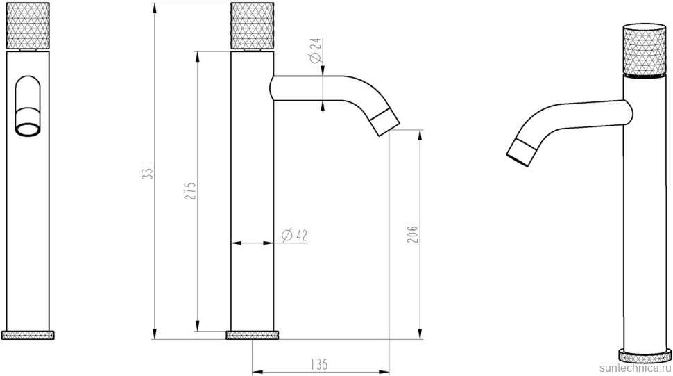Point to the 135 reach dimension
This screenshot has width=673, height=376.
pos(318,363)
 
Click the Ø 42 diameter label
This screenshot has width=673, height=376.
pos(295,236)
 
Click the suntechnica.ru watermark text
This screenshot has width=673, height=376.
pos(634,368)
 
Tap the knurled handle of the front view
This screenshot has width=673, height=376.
pos(28,26)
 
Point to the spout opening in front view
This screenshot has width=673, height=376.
pos(28,129)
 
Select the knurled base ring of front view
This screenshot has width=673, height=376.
pos(28,335)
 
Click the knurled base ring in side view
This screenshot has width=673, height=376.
pos(253,335)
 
